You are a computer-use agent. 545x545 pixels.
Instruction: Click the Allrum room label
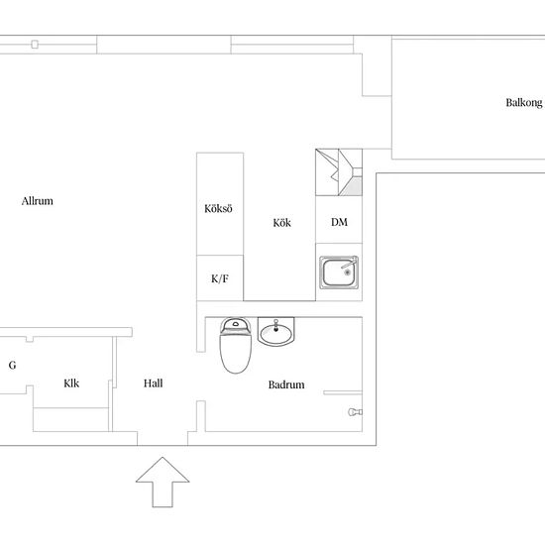pyautogui.click(x=38, y=201)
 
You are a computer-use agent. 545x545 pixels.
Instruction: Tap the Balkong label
pyautogui.click(x=524, y=103)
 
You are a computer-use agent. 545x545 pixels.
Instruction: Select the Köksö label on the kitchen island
pyautogui.click(x=218, y=208)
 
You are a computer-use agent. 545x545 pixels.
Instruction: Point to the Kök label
pyautogui.click(x=281, y=222)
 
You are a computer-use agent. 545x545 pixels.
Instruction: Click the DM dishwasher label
pyautogui.click(x=339, y=222)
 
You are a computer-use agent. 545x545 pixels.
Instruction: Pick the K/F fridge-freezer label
pyautogui.click(x=220, y=278)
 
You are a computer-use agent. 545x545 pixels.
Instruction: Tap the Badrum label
pyautogui.click(x=286, y=384)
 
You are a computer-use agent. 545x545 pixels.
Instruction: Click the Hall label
pyautogui.click(x=154, y=383)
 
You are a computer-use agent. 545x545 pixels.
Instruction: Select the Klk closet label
pyautogui.click(x=71, y=383)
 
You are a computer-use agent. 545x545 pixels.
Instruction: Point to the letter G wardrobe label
pyautogui.click(x=12, y=365)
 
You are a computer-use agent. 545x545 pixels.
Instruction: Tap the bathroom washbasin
pyautogui.click(x=276, y=332)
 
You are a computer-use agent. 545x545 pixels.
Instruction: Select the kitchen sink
pyautogui.click(x=339, y=272)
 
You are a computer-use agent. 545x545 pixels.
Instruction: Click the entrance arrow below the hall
pyautogui.click(x=163, y=483)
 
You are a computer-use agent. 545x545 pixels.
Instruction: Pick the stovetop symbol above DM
pyautogui.click(x=339, y=172)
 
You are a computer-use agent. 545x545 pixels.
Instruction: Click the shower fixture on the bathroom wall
pyautogui.click(x=355, y=412)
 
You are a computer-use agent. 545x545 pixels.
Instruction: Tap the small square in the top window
pyautogui.click(x=35, y=45)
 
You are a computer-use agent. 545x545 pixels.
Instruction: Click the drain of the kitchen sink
pyautogui.click(x=347, y=272)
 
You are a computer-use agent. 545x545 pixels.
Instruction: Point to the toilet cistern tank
pyautogui.click(x=235, y=326)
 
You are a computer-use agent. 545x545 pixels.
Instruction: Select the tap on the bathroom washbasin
pyautogui.click(x=276, y=325)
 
